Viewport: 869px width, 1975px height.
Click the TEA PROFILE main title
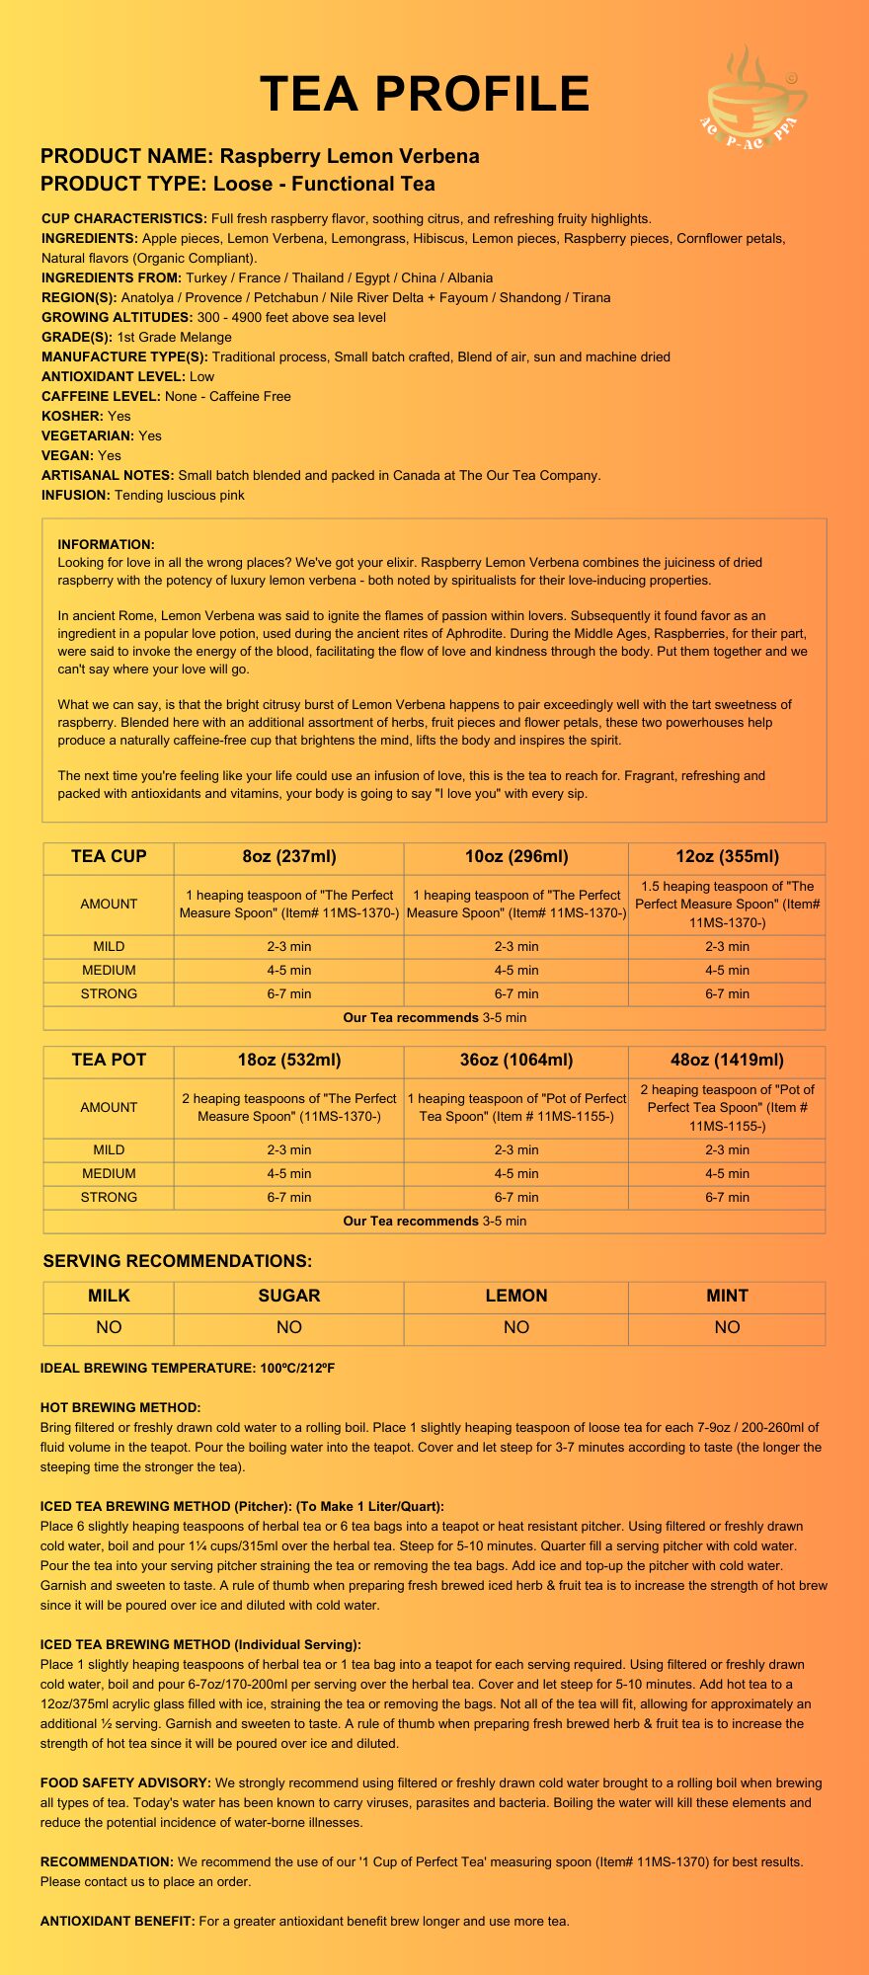(425, 94)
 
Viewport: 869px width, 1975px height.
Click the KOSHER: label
(72, 416)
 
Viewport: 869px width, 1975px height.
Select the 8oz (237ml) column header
(288, 856)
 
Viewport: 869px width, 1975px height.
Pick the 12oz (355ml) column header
(727, 856)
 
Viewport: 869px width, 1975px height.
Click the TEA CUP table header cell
(109, 856)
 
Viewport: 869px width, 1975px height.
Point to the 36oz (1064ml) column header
(515, 1060)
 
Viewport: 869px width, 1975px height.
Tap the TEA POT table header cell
(109, 1060)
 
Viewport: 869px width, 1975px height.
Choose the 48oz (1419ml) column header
(727, 1060)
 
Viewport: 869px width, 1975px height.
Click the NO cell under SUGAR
(288, 1327)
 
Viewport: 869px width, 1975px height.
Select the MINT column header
(727, 1296)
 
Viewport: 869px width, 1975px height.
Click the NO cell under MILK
(109, 1327)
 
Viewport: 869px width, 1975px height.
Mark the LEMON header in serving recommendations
(515, 1296)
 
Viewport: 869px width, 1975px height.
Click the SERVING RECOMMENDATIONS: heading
(177, 1261)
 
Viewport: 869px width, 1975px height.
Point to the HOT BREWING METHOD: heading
(120, 1407)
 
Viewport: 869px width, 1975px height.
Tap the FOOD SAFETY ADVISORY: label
(125, 1782)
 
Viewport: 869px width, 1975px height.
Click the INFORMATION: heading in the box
(106, 544)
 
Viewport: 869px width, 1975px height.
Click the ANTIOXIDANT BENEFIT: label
(118, 1921)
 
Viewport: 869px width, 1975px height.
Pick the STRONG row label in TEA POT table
(109, 1197)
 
